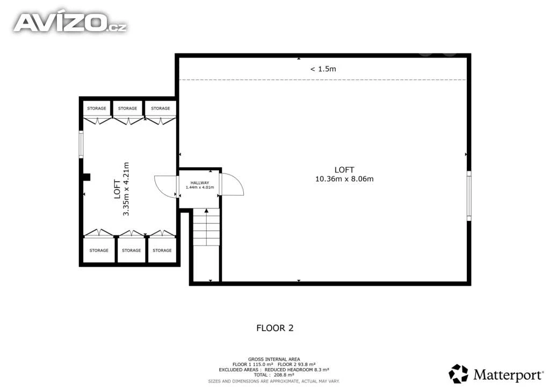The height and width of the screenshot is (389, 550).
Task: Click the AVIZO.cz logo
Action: (x=70, y=23)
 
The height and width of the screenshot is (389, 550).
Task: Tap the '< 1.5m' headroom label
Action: (x=323, y=69)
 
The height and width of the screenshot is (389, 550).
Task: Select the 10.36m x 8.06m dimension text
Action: (x=344, y=179)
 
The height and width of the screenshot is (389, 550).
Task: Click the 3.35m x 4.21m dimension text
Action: (x=126, y=189)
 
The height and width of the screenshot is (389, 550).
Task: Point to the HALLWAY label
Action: (x=200, y=183)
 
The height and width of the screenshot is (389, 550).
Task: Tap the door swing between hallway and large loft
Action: (x=232, y=184)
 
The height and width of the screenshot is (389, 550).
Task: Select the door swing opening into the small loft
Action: (x=165, y=186)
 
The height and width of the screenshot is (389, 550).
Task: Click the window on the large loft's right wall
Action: (x=469, y=196)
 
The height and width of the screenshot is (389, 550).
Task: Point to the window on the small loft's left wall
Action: (x=81, y=144)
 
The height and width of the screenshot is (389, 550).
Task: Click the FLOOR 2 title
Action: (x=275, y=328)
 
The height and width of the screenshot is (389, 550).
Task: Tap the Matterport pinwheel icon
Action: (x=459, y=373)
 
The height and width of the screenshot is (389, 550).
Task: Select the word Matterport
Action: (x=508, y=375)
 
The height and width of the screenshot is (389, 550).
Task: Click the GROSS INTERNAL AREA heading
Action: (x=274, y=359)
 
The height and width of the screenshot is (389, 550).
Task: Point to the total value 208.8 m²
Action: (x=284, y=375)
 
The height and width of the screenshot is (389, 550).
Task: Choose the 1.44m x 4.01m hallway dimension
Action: (x=200, y=188)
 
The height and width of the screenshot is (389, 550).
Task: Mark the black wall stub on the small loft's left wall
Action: (x=86, y=177)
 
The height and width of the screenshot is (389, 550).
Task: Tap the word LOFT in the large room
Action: (x=344, y=170)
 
